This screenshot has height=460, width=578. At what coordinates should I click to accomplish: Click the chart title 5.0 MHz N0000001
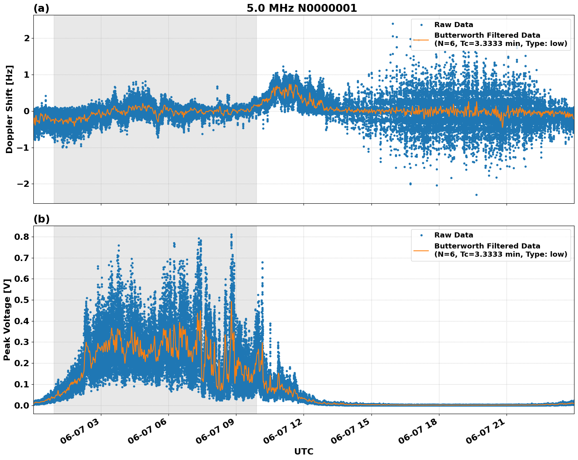click(302, 8)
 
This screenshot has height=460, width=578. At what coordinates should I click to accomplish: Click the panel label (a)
click(41, 8)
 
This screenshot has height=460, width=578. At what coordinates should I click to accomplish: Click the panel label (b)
click(41, 219)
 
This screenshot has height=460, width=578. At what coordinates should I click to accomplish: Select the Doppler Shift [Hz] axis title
click(9, 109)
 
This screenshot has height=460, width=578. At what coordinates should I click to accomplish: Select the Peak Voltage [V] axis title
click(7, 319)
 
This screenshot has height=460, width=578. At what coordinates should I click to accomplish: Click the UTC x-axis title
click(304, 451)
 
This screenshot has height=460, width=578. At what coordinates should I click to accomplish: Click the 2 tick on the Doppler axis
click(27, 38)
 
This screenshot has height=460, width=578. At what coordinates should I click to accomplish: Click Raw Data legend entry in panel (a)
click(454, 25)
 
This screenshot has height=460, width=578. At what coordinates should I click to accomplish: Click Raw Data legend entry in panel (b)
click(454, 235)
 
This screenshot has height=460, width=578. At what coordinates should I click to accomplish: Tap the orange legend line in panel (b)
click(422, 250)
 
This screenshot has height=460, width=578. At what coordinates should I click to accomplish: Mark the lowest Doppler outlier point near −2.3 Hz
click(476, 195)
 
